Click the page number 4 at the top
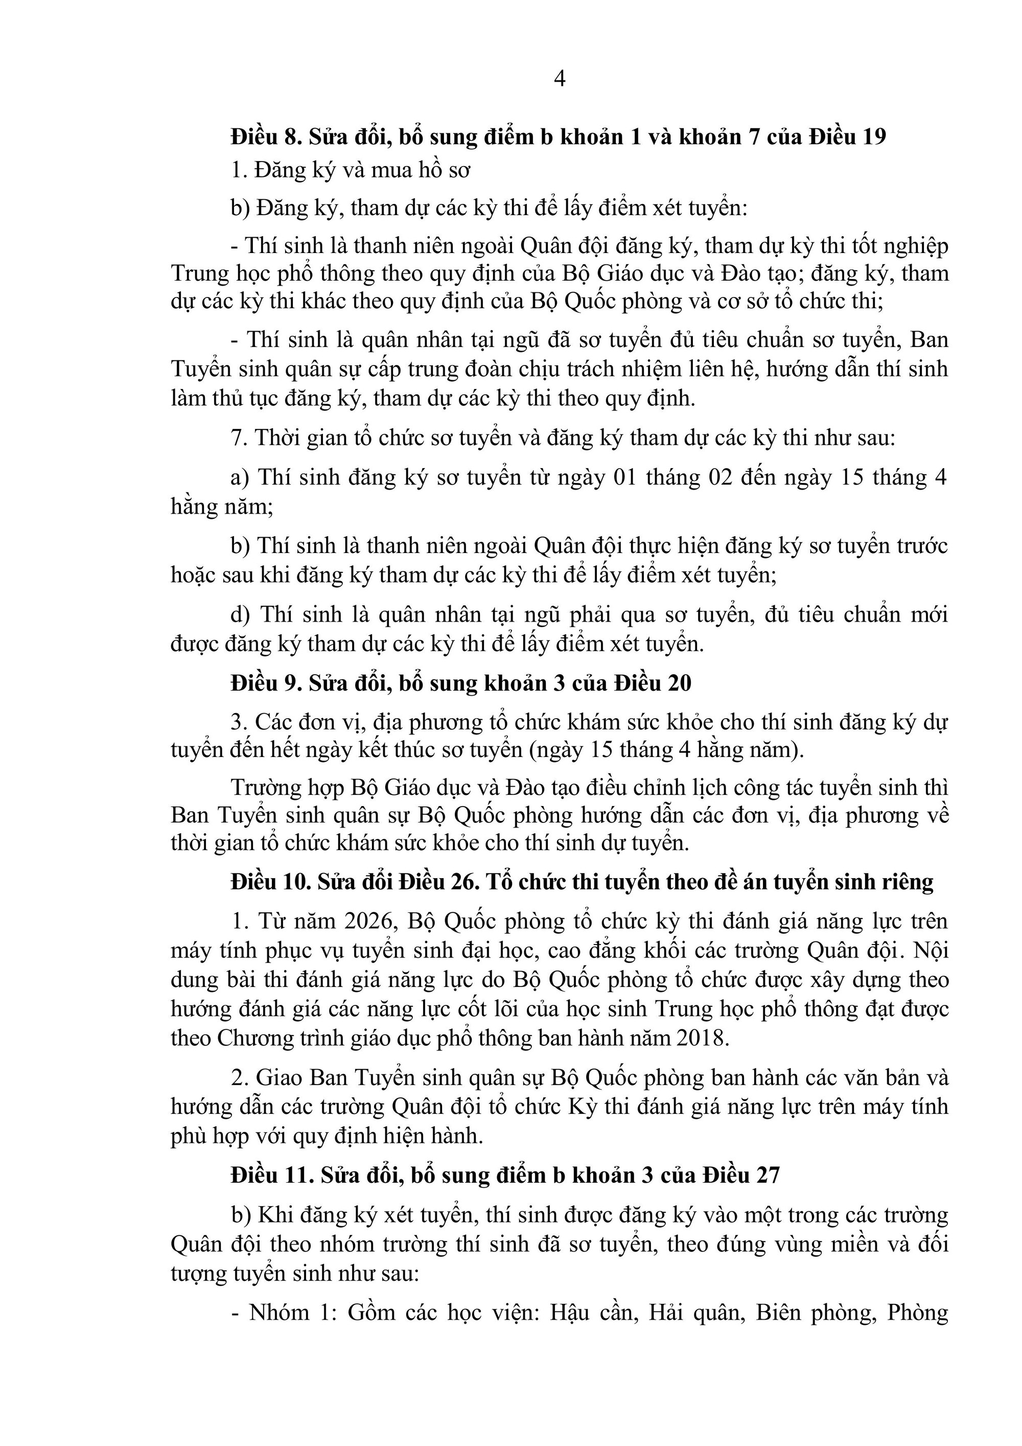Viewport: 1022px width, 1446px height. pyautogui.click(x=559, y=79)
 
